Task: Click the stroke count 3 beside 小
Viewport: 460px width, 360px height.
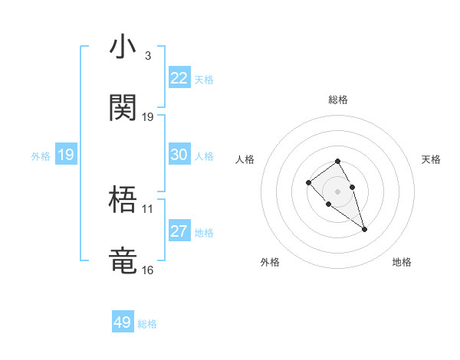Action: [147, 55]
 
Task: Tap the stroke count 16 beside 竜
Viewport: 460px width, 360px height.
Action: [147, 270]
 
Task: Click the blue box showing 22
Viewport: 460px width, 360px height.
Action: [179, 78]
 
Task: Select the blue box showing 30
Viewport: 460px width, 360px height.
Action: [179, 155]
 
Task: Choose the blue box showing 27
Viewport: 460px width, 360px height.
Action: [179, 231]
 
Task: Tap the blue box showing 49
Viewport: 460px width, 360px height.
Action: [123, 322]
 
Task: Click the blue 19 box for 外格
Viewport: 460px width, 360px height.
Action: [66, 155]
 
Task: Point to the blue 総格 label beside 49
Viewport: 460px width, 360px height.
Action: [147, 324]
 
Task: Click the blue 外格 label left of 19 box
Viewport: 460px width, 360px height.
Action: [41, 156]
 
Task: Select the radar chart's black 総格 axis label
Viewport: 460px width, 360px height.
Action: [338, 100]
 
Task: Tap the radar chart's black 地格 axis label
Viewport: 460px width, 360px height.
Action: [402, 262]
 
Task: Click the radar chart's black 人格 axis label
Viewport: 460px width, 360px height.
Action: [245, 159]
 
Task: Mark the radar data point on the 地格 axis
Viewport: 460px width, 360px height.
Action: [364, 229]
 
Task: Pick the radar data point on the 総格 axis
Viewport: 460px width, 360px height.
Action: [338, 161]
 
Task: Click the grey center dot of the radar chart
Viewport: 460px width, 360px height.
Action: [338, 191]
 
